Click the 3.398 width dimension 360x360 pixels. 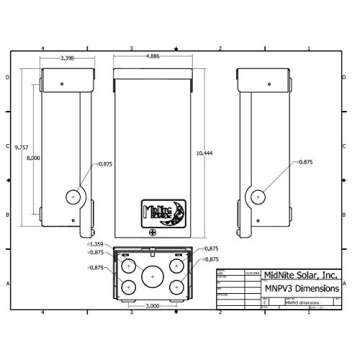(67, 59)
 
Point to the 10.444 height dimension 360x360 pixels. (204, 153)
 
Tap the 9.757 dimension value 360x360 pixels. (21, 148)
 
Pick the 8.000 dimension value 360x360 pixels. (34, 158)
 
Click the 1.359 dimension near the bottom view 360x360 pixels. (97, 244)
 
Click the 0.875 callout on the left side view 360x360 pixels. (106, 162)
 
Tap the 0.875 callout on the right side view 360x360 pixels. (306, 162)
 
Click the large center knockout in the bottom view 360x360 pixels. (153, 275)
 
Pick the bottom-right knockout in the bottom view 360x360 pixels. (177, 287)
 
